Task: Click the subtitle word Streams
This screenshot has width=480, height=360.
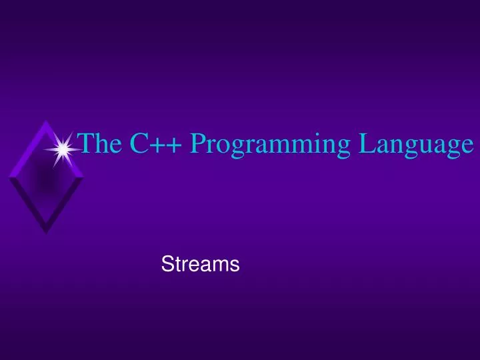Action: (200, 265)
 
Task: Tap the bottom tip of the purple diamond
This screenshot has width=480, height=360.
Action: (45, 233)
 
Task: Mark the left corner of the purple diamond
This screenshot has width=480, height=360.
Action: (9, 177)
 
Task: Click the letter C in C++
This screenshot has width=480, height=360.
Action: (139, 143)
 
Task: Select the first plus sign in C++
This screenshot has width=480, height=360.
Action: (155, 145)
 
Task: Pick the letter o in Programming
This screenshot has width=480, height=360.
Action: (220, 147)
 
